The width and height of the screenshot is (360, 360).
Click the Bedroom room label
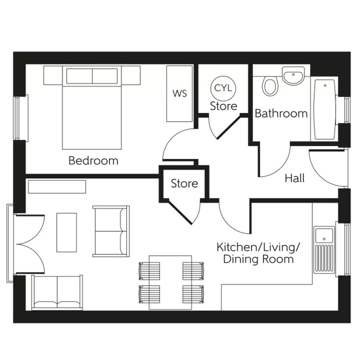point(93,160)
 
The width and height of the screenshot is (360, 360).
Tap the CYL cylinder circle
point(223,88)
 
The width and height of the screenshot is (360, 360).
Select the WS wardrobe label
point(179,94)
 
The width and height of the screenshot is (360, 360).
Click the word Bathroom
point(281,113)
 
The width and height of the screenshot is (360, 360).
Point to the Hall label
point(295,178)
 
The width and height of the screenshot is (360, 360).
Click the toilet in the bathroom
point(269,85)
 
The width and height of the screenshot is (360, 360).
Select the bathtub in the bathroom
point(323,109)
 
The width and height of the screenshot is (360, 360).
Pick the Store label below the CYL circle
point(223,106)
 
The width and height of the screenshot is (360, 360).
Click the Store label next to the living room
point(184,184)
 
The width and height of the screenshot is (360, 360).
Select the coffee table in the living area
point(66,232)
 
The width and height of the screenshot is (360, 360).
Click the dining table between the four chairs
point(170,282)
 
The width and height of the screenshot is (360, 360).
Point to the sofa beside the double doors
point(57,292)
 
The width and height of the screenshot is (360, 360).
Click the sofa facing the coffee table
point(111,231)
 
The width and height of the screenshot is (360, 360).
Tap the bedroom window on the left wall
point(19,118)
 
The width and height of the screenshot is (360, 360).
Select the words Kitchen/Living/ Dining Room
point(258,253)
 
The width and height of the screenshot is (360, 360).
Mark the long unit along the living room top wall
point(57,186)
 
